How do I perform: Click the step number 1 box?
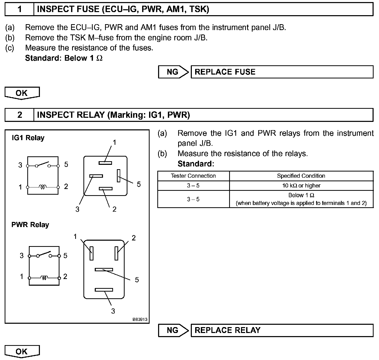pyautogui.click(x=20, y=9)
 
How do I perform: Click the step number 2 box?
pyautogui.click(x=20, y=115)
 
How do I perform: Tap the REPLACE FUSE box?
pyautogui.click(x=282, y=72)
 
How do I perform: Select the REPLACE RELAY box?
pyautogui.click(x=282, y=330)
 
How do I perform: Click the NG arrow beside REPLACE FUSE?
pyautogui.click(x=173, y=72)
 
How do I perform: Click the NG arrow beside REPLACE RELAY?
pyautogui.click(x=173, y=330)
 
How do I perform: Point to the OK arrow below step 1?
pyautogui.click(x=22, y=93)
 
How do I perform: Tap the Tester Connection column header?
pyautogui.click(x=193, y=176)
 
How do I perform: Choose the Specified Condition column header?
pyautogui.click(x=301, y=176)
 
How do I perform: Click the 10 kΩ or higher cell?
pyautogui.click(x=301, y=186)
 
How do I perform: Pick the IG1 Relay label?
pyautogui.click(x=28, y=138)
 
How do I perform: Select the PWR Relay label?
pyautogui.click(x=30, y=225)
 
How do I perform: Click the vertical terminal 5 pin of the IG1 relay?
pyautogui.click(x=118, y=176)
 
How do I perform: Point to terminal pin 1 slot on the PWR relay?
pyautogui.click(x=91, y=253)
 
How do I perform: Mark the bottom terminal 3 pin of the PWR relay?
pyautogui.click(x=104, y=290)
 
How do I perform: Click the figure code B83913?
pyautogui.click(x=140, y=319)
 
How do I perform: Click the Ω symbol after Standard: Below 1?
pyautogui.click(x=99, y=58)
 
